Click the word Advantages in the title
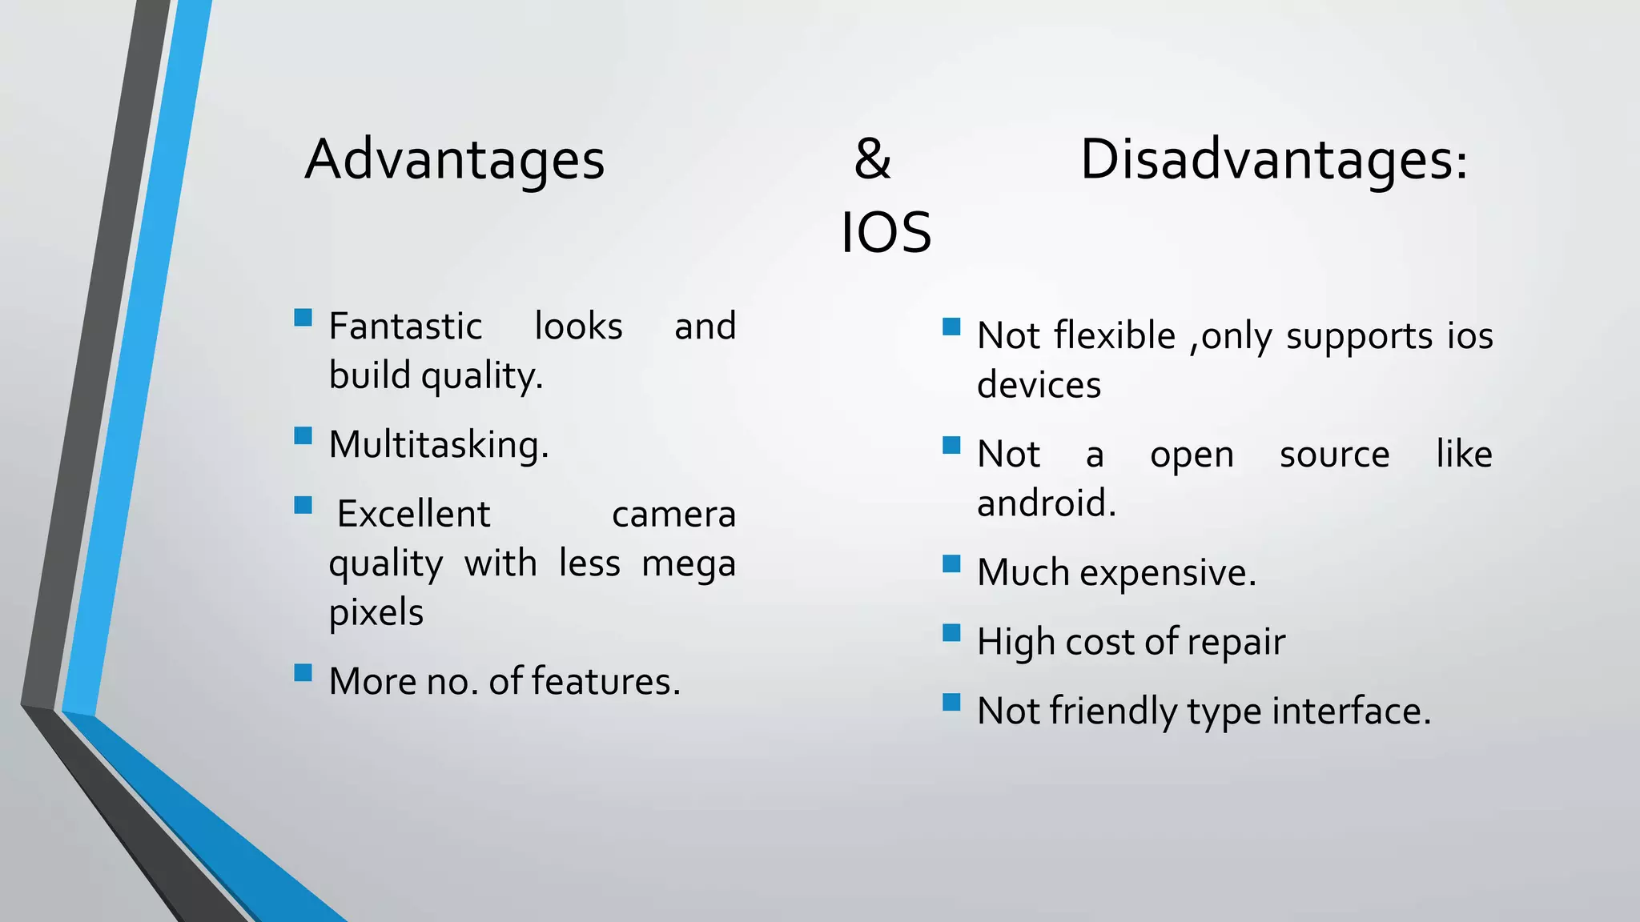pos(454,161)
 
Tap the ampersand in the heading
pos(872,159)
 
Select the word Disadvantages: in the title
pos(1273,161)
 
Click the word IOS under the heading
pos(886,233)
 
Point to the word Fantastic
pos(405,327)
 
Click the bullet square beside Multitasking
pos(303,435)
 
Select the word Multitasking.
pos(438,445)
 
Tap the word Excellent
pos(413,514)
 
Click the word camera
pos(673,515)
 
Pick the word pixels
pos(376,613)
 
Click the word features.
pos(605,682)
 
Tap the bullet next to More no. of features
pos(303,671)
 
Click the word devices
pos(1039,386)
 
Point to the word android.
pos(1046,503)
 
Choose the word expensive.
pos(1168,573)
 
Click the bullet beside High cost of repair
pos(951,633)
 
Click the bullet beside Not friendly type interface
pos(951,702)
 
